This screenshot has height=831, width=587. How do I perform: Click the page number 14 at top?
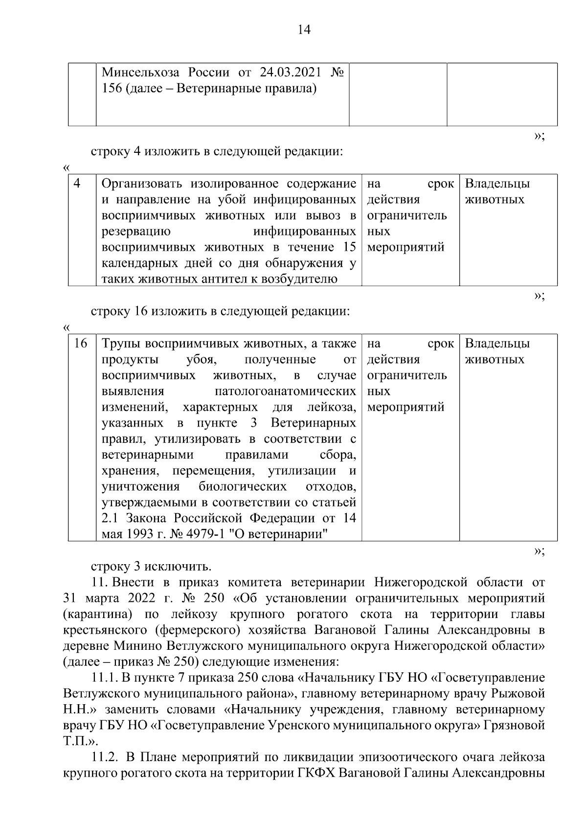(303, 30)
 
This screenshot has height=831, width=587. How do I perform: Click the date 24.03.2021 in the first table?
(291, 73)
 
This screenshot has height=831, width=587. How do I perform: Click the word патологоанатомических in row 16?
(285, 392)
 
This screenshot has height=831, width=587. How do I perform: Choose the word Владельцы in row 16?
(497, 344)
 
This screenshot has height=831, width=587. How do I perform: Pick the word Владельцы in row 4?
(497, 184)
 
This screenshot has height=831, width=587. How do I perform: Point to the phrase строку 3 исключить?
(151, 567)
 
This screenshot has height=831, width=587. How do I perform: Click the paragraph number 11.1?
(104, 678)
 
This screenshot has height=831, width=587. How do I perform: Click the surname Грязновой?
(514, 726)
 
